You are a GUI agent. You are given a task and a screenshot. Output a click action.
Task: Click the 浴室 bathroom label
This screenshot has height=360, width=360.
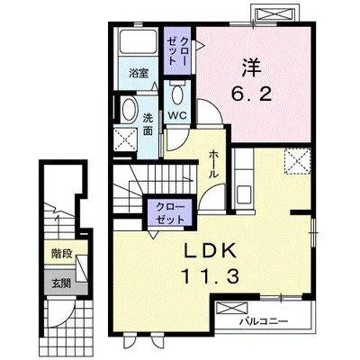tap(139, 73)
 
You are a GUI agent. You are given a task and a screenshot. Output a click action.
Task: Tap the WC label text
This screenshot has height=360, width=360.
tap(177, 115)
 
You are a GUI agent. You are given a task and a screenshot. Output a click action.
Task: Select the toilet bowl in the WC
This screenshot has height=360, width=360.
tap(177, 94)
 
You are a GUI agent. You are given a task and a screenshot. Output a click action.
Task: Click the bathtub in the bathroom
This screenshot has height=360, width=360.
tap(138, 41)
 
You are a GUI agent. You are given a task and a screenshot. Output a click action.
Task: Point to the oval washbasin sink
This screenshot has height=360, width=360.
tap(129, 109)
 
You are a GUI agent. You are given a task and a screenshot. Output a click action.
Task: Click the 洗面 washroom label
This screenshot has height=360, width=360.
tap(148, 124)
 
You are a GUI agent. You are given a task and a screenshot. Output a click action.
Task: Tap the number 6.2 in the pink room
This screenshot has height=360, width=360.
tap(251, 94)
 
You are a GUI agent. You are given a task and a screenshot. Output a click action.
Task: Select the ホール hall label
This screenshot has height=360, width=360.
tap(212, 164)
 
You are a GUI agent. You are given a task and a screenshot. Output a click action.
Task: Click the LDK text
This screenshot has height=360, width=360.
tap(210, 251)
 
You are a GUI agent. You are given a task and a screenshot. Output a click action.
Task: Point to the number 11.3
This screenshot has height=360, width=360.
tap(210, 276)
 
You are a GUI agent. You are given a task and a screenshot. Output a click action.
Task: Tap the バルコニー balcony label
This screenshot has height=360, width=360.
tap(264, 321)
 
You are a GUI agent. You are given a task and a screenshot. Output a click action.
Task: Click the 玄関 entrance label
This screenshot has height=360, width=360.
tap(61, 283)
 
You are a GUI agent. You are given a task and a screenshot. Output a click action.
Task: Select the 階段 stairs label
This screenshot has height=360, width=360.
tap(61, 254)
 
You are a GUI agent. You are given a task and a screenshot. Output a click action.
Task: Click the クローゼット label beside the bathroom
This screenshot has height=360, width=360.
tap(177, 51)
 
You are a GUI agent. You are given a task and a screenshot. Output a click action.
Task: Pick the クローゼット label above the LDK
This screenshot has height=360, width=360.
tap(170, 213)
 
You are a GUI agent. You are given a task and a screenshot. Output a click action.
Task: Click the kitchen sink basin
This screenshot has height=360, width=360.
tap(244, 194)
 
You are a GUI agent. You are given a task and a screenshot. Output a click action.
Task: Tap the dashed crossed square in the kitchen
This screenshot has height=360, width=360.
tap(297, 161)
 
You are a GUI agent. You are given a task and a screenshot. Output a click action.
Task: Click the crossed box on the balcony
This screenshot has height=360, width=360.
tap(232, 309)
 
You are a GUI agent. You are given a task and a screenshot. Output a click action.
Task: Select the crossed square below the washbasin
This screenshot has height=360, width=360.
tap(125, 139)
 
